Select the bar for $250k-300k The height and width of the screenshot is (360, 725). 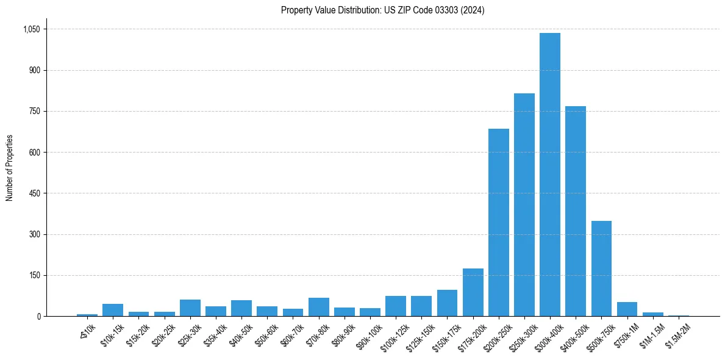point(524,205)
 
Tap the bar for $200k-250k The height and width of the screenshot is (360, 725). point(498,223)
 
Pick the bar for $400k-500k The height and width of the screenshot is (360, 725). point(576,211)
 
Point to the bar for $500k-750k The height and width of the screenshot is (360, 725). point(601,268)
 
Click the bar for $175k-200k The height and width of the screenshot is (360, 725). point(473,292)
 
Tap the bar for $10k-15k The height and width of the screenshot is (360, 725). point(113,310)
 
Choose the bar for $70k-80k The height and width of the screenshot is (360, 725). point(318,307)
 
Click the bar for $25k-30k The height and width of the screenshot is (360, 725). point(190,308)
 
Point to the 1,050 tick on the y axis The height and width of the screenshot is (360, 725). point(31,29)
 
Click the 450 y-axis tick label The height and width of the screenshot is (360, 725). point(34,193)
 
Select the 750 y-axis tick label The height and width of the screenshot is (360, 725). point(34,112)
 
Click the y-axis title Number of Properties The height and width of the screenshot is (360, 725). point(9,168)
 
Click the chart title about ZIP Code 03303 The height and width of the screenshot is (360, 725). point(382,10)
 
